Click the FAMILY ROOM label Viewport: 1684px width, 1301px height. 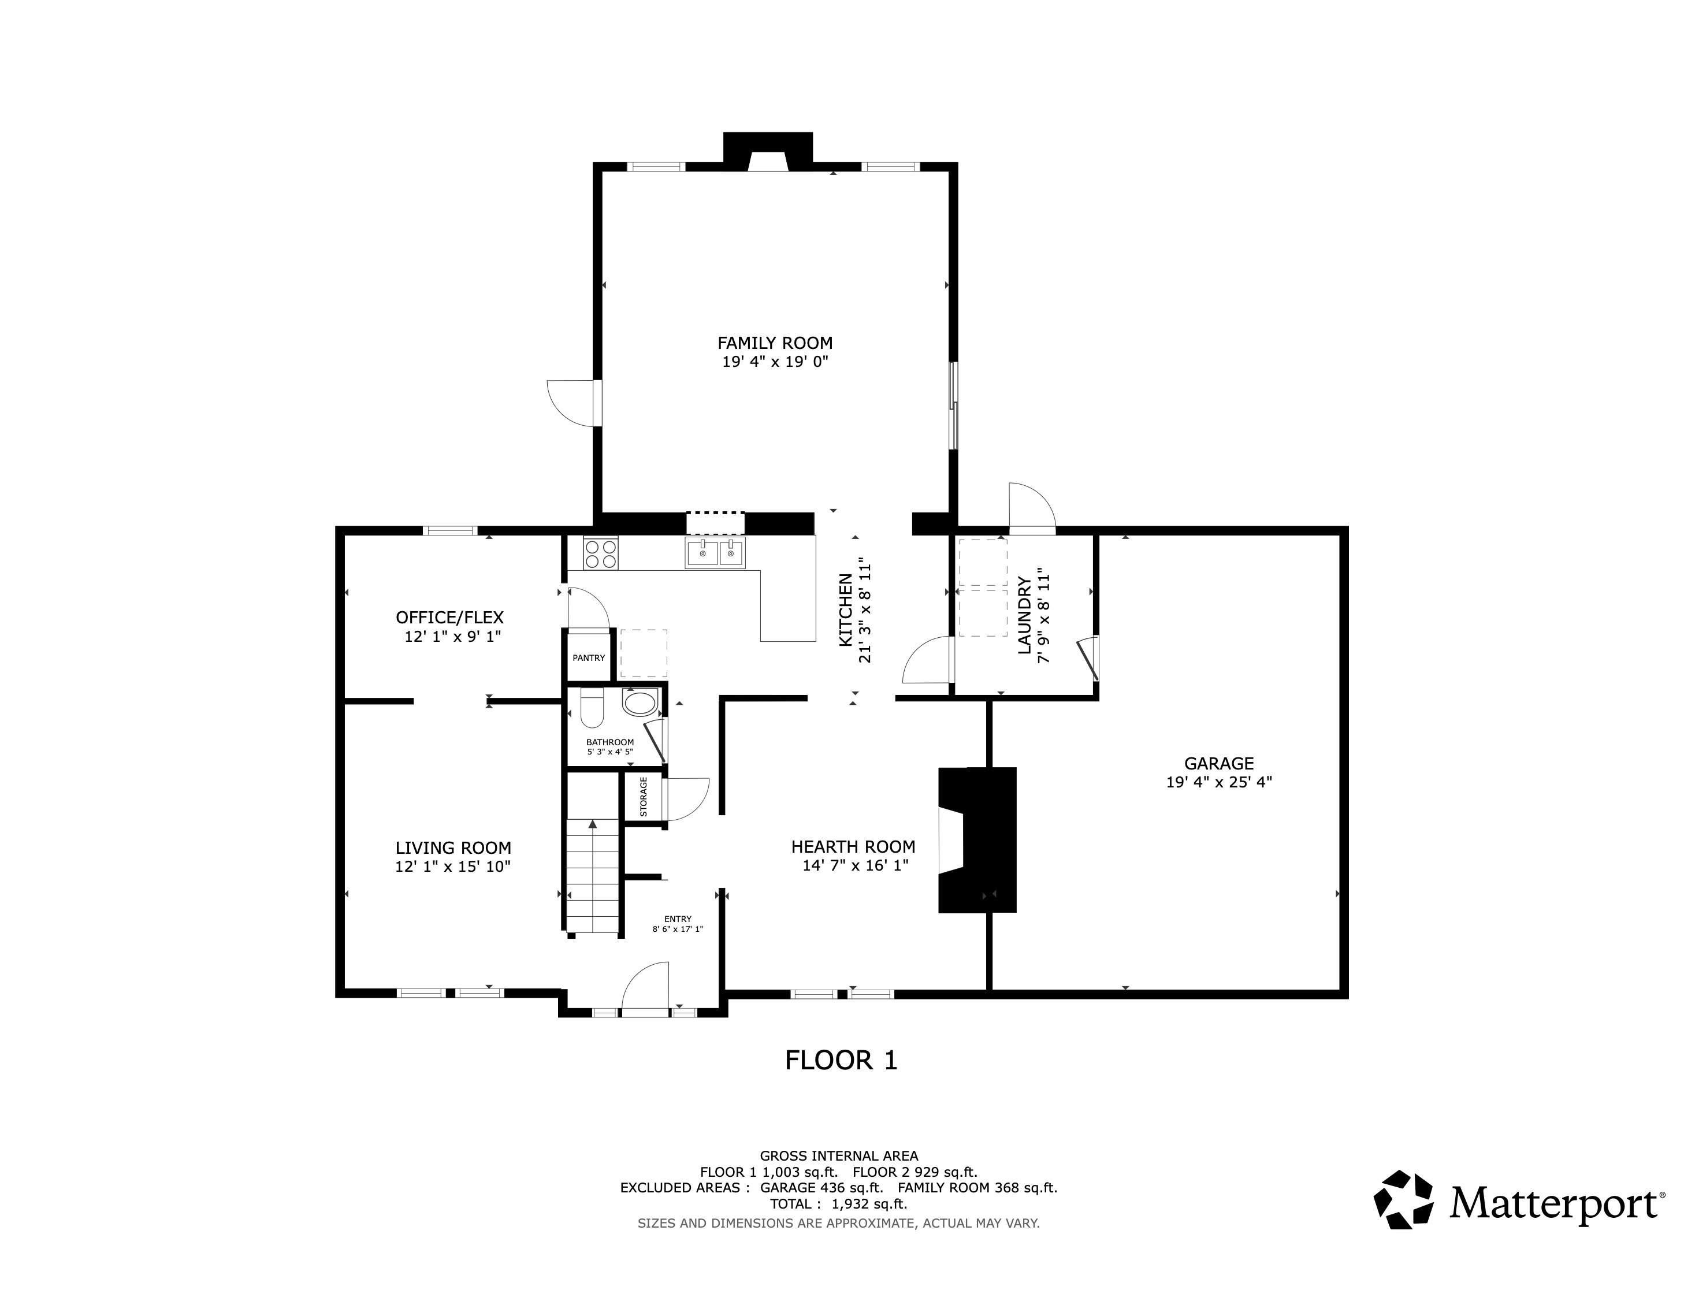tap(775, 343)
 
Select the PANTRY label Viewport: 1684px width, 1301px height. tap(588, 658)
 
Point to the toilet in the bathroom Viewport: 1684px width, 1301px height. tap(592, 707)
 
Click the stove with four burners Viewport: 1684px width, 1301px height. tap(601, 553)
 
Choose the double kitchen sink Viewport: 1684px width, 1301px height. tap(715, 553)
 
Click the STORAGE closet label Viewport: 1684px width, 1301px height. tap(643, 797)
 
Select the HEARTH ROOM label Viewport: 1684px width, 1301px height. tap(853, 847)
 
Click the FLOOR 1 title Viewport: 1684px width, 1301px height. tap(841, 1061)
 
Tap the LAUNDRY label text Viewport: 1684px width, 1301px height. tap(1024, 615)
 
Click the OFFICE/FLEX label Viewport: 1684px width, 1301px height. tap(449, 618)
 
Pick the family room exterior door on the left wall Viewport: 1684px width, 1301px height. tap(574, 403)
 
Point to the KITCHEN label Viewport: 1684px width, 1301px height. tap(845, 611)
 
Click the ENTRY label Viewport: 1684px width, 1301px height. tap(678, 919)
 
